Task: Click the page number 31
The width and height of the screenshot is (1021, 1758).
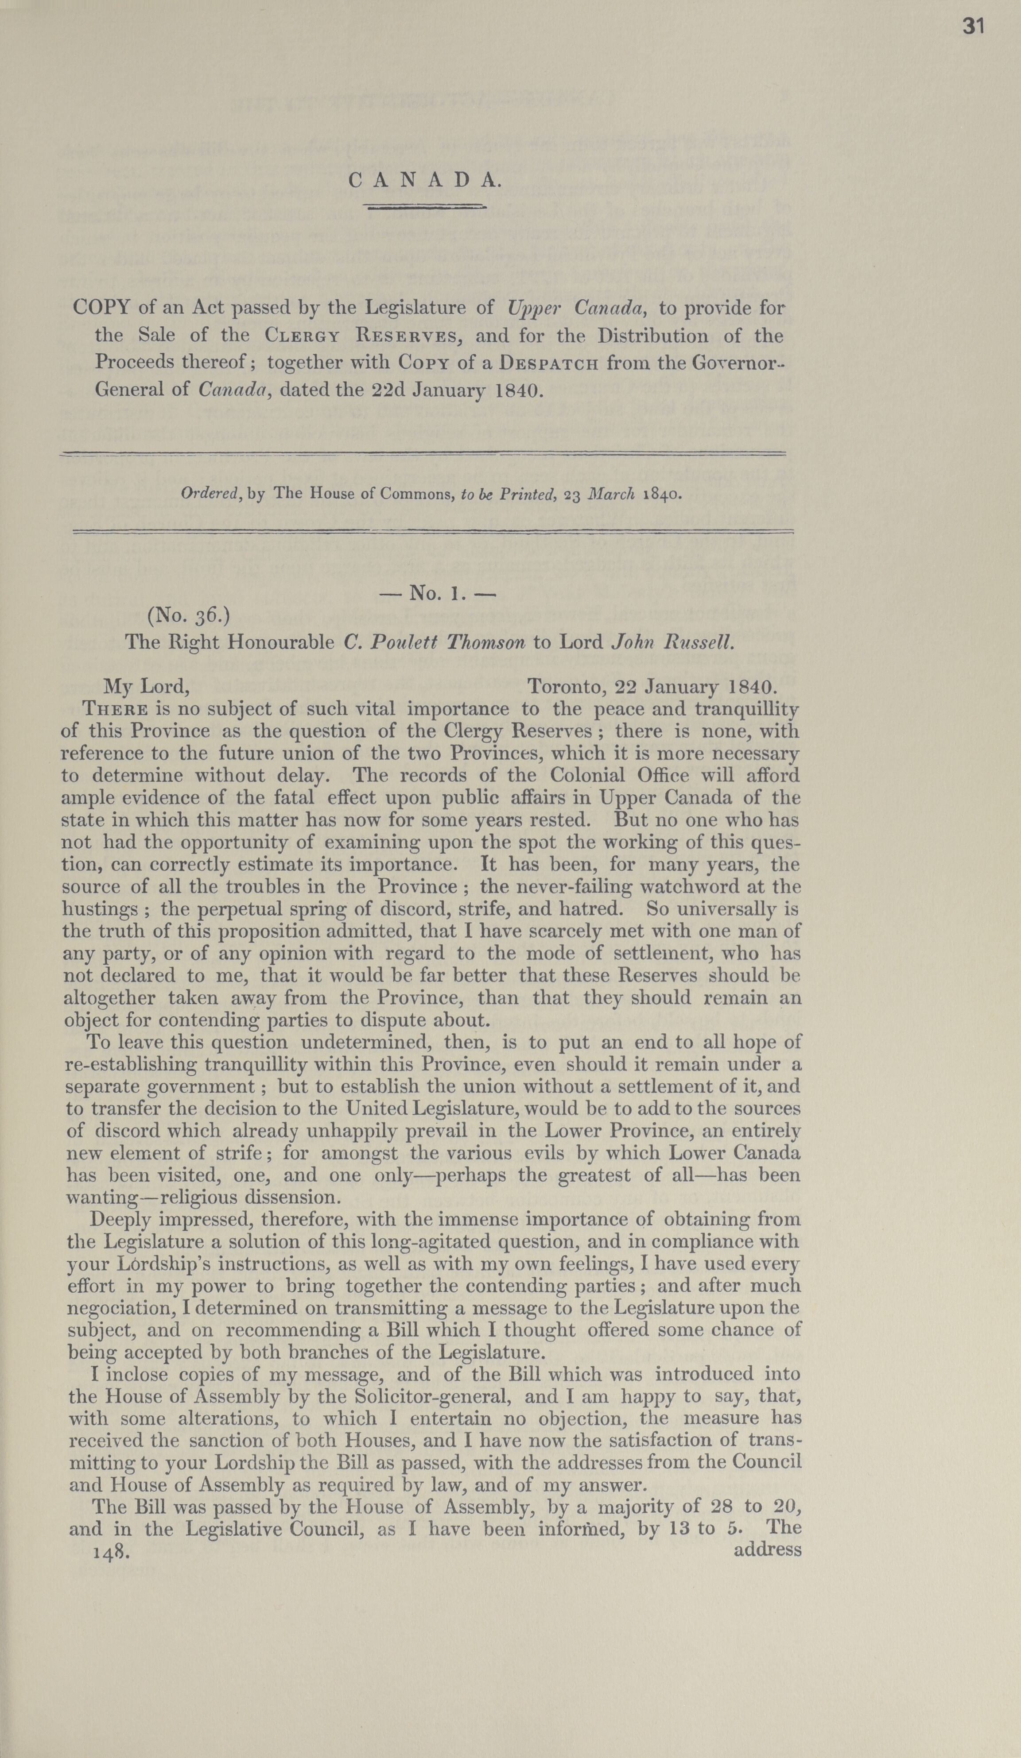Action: [974, 27]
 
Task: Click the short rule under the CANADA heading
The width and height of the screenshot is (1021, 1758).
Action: [425, 206]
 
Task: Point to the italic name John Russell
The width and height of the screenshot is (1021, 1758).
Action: [673, 642]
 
